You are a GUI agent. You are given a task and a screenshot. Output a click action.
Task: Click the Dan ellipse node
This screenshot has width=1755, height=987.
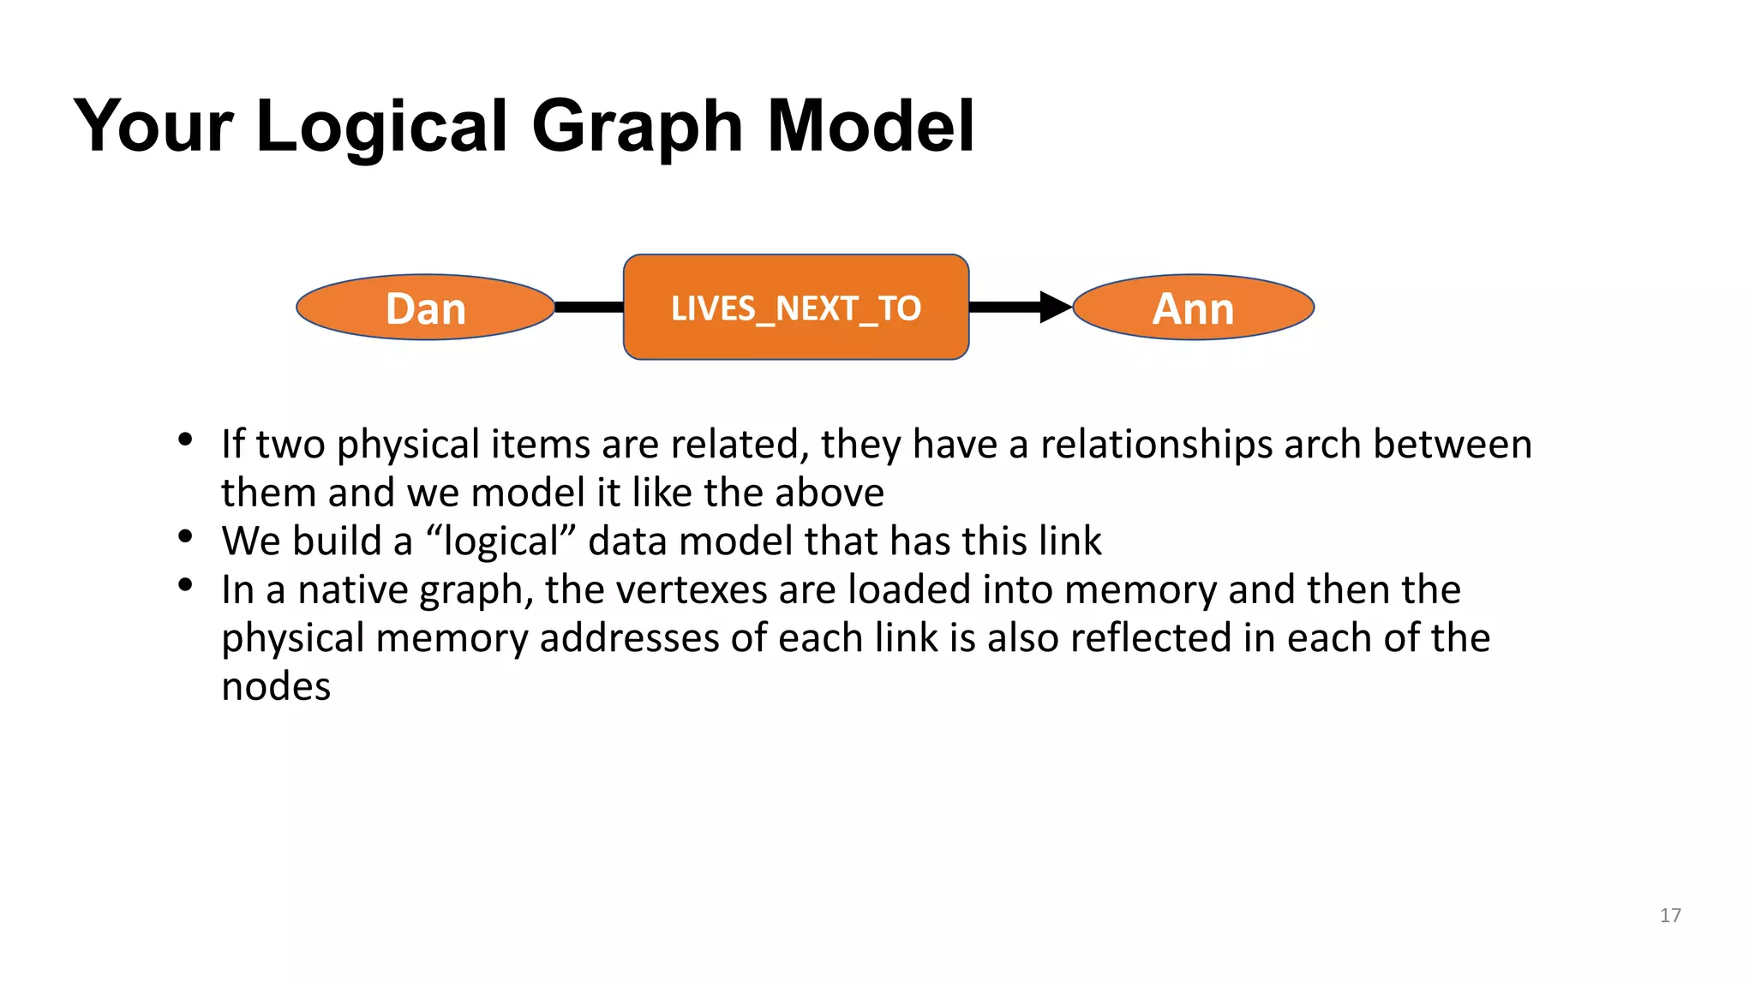(425, 308)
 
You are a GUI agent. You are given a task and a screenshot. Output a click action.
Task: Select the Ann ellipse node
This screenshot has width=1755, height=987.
(1193, 308)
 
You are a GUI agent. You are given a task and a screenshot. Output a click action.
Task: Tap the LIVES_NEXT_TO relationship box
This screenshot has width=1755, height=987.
(796, 308)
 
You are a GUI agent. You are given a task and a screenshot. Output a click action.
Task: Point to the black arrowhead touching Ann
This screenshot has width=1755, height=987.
(1055, 307)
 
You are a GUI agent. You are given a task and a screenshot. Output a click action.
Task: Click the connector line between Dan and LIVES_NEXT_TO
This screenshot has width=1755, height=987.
(590, 307)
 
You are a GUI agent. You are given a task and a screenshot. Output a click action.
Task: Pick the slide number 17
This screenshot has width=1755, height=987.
(1670, 915)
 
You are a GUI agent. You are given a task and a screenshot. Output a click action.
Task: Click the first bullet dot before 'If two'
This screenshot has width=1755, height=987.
(184, 440)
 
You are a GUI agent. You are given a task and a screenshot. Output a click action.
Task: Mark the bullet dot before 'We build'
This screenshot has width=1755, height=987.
(184, 537)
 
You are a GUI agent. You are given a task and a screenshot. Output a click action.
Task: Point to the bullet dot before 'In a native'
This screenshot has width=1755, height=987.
(184, 586)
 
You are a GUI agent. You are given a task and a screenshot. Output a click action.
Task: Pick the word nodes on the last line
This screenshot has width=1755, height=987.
(276, 687)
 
